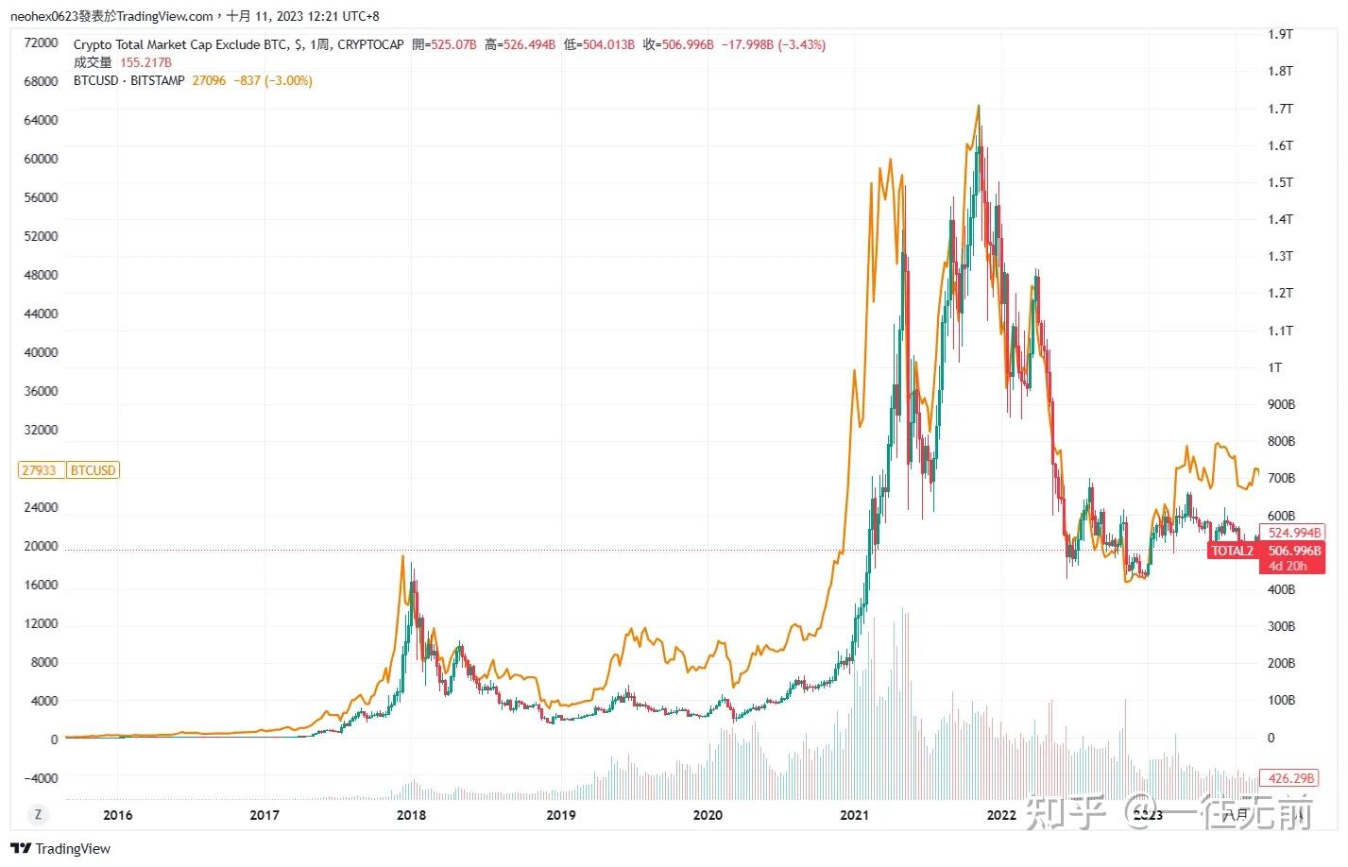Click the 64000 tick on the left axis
tap(41, 120)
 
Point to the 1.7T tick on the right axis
tap(1280, 109)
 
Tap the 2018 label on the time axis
tap(411, 815)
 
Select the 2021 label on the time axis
tap(854, 815)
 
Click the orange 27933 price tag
tap(40, 470)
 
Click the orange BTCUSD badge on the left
tap(93, 470)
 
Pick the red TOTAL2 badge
tap(1232, 551)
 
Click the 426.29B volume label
tap(1291, 778)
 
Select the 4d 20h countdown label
tap(1288, 566)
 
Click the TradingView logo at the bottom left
tap(60, 848)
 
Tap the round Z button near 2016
tap(39, 814)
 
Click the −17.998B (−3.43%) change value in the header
tap(774, 44)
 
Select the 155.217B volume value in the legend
tap(145, 62)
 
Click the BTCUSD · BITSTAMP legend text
tap(129, 80)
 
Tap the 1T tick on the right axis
tap(1275, 367)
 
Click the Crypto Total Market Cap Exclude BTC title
tap(180, 44)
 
